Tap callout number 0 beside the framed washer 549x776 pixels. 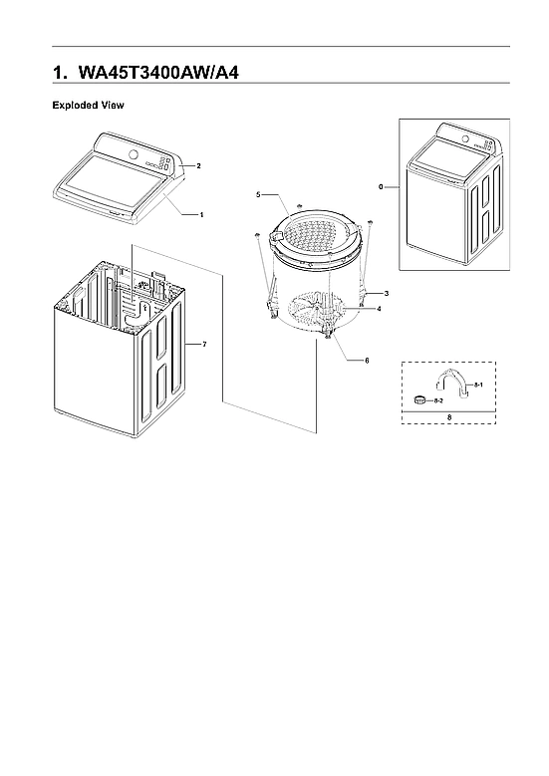coord(380,186)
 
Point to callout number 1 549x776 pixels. coord(202,214)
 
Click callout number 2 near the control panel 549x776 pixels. coord(198,165)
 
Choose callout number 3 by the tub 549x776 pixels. coord(386,294)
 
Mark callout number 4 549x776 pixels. coord(379,310)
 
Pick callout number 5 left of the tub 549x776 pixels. coord(257,193)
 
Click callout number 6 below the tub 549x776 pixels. coord(366,359)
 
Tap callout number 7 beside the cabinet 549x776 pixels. coord(203,344)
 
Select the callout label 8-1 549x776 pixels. coord(478,384)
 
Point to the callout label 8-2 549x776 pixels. coord(439,399)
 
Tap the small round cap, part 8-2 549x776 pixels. coord(420,399)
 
